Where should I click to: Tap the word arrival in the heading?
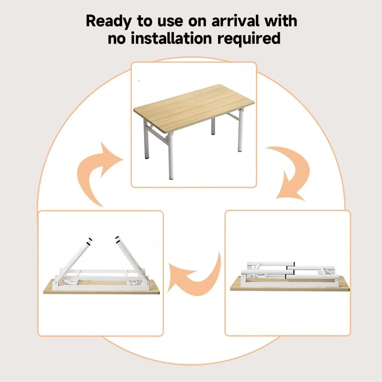[235, 21]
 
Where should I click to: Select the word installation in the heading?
[172, 39]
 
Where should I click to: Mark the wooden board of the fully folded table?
[290, 284]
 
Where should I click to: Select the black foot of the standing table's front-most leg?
[172, 178]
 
